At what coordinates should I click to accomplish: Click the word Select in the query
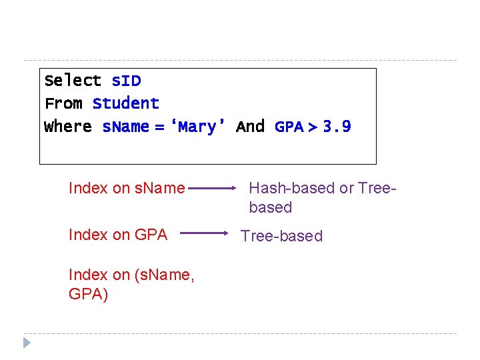pyautogui.click(x=73, y=81)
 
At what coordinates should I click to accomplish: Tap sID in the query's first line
pyautogui.click(x=126, y=81)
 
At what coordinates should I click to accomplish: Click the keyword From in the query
pyautogui.click(x=63, y=103)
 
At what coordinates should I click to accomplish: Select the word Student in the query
pyautogui.click(x=126, y=103)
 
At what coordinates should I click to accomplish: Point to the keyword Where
pyautogui.click(x=67, y=126)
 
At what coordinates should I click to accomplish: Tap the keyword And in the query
pyautogui.click(x=251, y=126)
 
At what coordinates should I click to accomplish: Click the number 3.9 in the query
pyautogui.click(x=337, y=126)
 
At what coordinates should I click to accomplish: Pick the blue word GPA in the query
pyautogui.click(x=289, y=126)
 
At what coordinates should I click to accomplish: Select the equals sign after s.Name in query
pyautogui.click(x=159, y=126)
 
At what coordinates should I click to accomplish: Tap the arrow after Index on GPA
pyautogui.click(x=204, y=233)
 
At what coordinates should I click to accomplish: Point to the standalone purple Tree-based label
pyautogui.click(x=281, y=236)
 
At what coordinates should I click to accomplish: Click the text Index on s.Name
pyautogui.click(x=127, y=188)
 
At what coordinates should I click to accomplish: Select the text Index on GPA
pyautogui.click(x=118, y=234)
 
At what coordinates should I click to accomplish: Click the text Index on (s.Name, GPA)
pyautogui.click(x=131, y=284)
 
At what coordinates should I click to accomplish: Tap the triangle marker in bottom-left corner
pyautogui.click(x=27, y=343)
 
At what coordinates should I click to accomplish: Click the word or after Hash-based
pyautogui.click(x=347, y=188)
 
